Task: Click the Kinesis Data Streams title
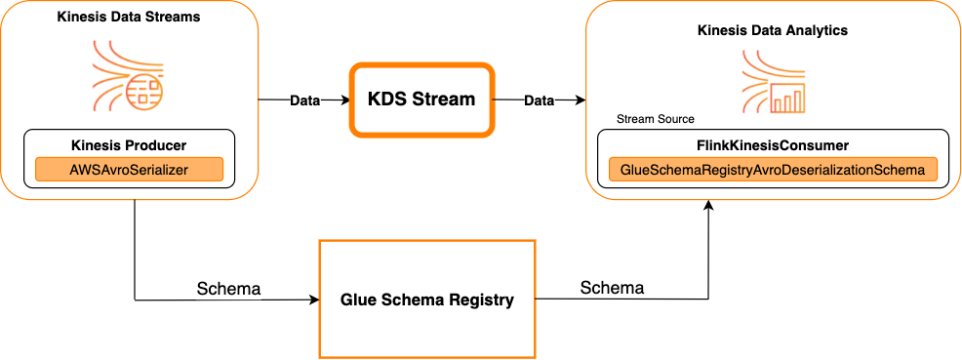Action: point(129,19)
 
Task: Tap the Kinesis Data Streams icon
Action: point(129,74)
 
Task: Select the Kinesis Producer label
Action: point(129,145)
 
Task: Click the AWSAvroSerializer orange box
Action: point(129,169)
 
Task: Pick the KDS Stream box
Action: point(421,99)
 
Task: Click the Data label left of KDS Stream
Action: point(305,100)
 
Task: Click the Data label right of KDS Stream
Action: point(540,100)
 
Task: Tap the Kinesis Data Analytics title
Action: point(772,30)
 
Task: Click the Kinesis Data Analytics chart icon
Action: point(772,83)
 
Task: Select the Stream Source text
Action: point(655,119)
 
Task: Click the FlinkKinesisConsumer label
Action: point(772,145)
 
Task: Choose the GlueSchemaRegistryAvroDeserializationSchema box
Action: point(772,170)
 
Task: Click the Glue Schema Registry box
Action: point(427,299)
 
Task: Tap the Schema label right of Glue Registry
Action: point(612,288)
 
